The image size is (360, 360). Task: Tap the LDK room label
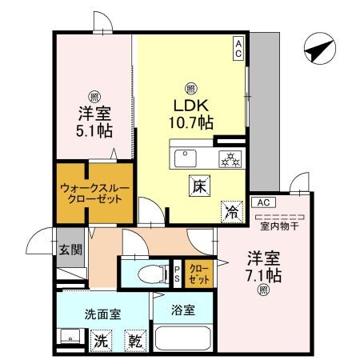(x=192, y=105)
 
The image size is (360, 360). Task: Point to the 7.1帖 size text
(x=264, y=275)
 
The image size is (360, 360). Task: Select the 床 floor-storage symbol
(x=199, y=186)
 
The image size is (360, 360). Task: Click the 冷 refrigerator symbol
(x=231, y=211)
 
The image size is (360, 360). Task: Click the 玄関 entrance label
(x=70, y=249)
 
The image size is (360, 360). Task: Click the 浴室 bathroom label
(x=182, y=310)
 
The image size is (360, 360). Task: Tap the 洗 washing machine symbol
(x=100, y=339)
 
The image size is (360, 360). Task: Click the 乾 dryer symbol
(x=135, y=340)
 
